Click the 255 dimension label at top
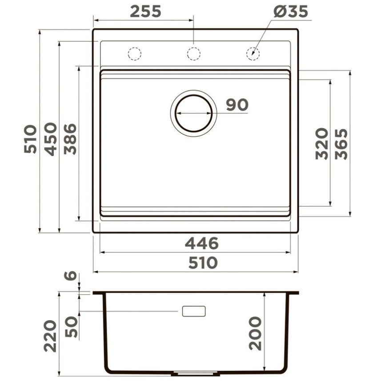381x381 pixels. (x=145, y=12)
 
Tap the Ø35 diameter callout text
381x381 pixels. (x=291, y=12)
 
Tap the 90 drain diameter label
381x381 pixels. (x=237, y=105)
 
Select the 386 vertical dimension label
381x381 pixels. (x=70, y=139)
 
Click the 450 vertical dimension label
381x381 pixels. (x=51, y=139)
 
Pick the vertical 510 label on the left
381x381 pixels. (x=31, y=139)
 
